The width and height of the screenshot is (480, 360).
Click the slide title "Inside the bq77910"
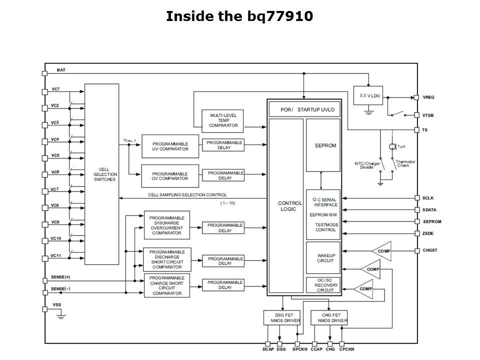[239, 16]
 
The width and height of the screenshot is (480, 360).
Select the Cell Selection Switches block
[102, 174]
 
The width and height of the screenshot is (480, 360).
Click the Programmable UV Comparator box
[170, 146]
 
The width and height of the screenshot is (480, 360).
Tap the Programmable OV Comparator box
[170, 176]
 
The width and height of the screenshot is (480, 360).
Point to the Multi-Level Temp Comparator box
[223, 120]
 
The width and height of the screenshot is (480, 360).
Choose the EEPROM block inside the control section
[323, 145]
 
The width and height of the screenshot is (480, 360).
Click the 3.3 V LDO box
[368, 95]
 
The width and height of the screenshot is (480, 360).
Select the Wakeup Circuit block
[323, 257]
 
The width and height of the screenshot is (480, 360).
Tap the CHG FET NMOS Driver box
[328, 317]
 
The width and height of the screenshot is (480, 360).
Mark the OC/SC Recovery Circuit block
[323, 285]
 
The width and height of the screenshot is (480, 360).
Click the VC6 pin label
[55, 172]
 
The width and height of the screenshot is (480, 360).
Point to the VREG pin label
[428, 97]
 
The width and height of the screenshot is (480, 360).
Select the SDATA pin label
[429, 209]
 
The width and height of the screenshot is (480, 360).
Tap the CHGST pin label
[430, 250]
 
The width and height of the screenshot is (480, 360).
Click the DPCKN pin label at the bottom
[300, 349]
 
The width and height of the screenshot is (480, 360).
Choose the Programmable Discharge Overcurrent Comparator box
[167, 225]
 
